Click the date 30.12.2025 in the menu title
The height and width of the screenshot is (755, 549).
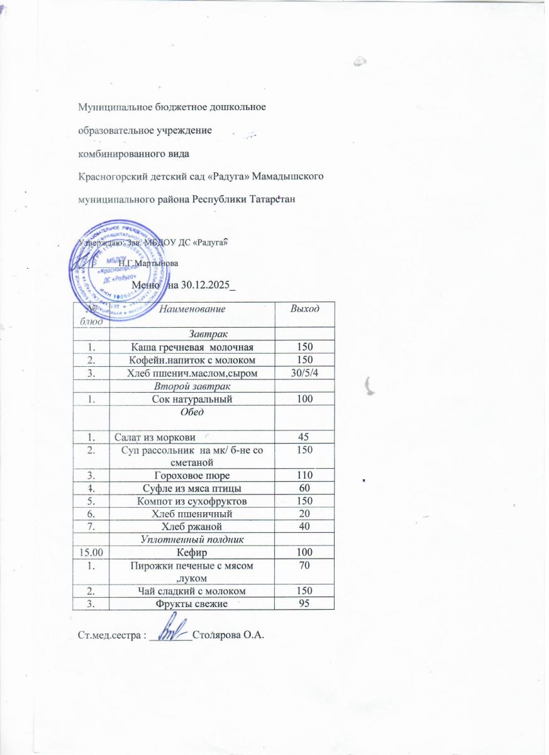[201, 288]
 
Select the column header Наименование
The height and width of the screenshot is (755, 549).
[192, 308]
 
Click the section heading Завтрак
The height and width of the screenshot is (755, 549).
[192, 333]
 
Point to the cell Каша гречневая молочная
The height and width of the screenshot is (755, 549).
[192, 347]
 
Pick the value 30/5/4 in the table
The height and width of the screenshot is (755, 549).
[304, 374]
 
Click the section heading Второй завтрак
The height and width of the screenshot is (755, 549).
[192, 386]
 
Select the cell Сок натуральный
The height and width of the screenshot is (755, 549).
[192, 400]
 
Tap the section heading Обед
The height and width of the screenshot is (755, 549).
[192, 413]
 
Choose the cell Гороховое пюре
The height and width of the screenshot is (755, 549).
[192, 475]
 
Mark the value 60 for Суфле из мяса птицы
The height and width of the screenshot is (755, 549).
[304, 488]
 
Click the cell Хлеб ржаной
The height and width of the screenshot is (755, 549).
[192, 526]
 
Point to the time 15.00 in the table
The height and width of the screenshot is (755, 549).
[91, 552]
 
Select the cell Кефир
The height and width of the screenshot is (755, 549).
[192, 552]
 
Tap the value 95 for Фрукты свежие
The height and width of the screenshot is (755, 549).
[304, 603]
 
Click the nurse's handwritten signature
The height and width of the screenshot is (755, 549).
[171, 629]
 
